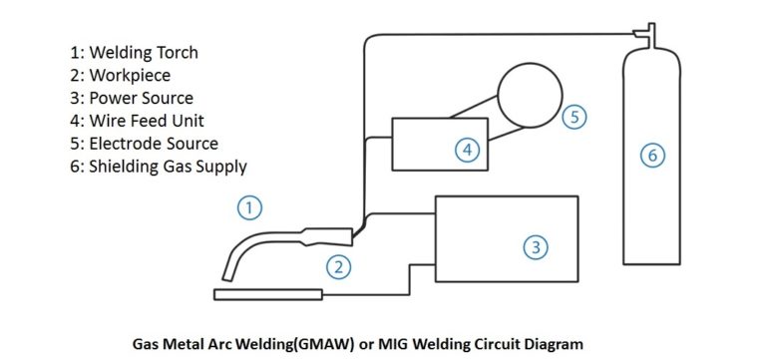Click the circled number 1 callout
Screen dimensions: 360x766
(249, 207)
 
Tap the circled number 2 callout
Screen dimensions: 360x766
(340, 266)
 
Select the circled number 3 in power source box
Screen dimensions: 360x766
(536, 246)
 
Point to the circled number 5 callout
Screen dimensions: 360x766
(573, 117)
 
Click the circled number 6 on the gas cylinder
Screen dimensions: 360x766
(650, 156)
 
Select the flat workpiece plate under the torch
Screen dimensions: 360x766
(268, 293)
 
